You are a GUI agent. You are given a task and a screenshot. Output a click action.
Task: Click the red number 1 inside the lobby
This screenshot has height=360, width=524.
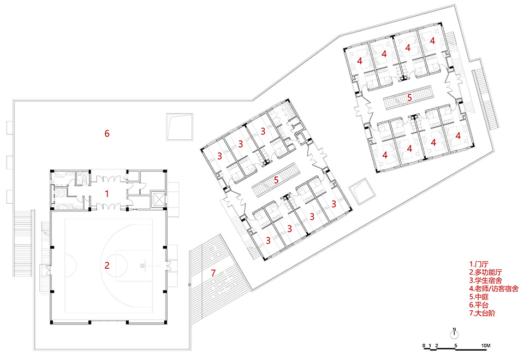click(108, 193)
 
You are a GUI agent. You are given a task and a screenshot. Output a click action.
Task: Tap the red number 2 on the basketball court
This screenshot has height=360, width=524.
click(108, 266)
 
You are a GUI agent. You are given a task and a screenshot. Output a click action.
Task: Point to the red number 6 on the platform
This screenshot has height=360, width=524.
click(108, 133)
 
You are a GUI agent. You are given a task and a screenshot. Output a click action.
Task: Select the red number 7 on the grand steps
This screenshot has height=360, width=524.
click(213, 273)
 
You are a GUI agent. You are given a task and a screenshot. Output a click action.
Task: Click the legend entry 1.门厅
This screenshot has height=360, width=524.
click(480, 263)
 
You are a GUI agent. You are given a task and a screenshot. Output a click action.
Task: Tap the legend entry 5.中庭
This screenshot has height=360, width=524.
click(480, 297)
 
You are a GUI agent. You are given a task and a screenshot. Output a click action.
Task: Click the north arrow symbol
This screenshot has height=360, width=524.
click(454, 334)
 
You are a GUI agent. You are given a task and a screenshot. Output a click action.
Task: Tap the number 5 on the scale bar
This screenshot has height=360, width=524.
click(456, 347)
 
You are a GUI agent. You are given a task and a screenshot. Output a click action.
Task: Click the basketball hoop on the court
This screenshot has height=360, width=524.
click(143, 266)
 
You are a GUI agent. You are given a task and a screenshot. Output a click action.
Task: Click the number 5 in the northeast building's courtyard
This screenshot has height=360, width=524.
click(409, 98)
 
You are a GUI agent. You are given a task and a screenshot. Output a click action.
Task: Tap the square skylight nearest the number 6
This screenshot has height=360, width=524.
click(179, 127)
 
